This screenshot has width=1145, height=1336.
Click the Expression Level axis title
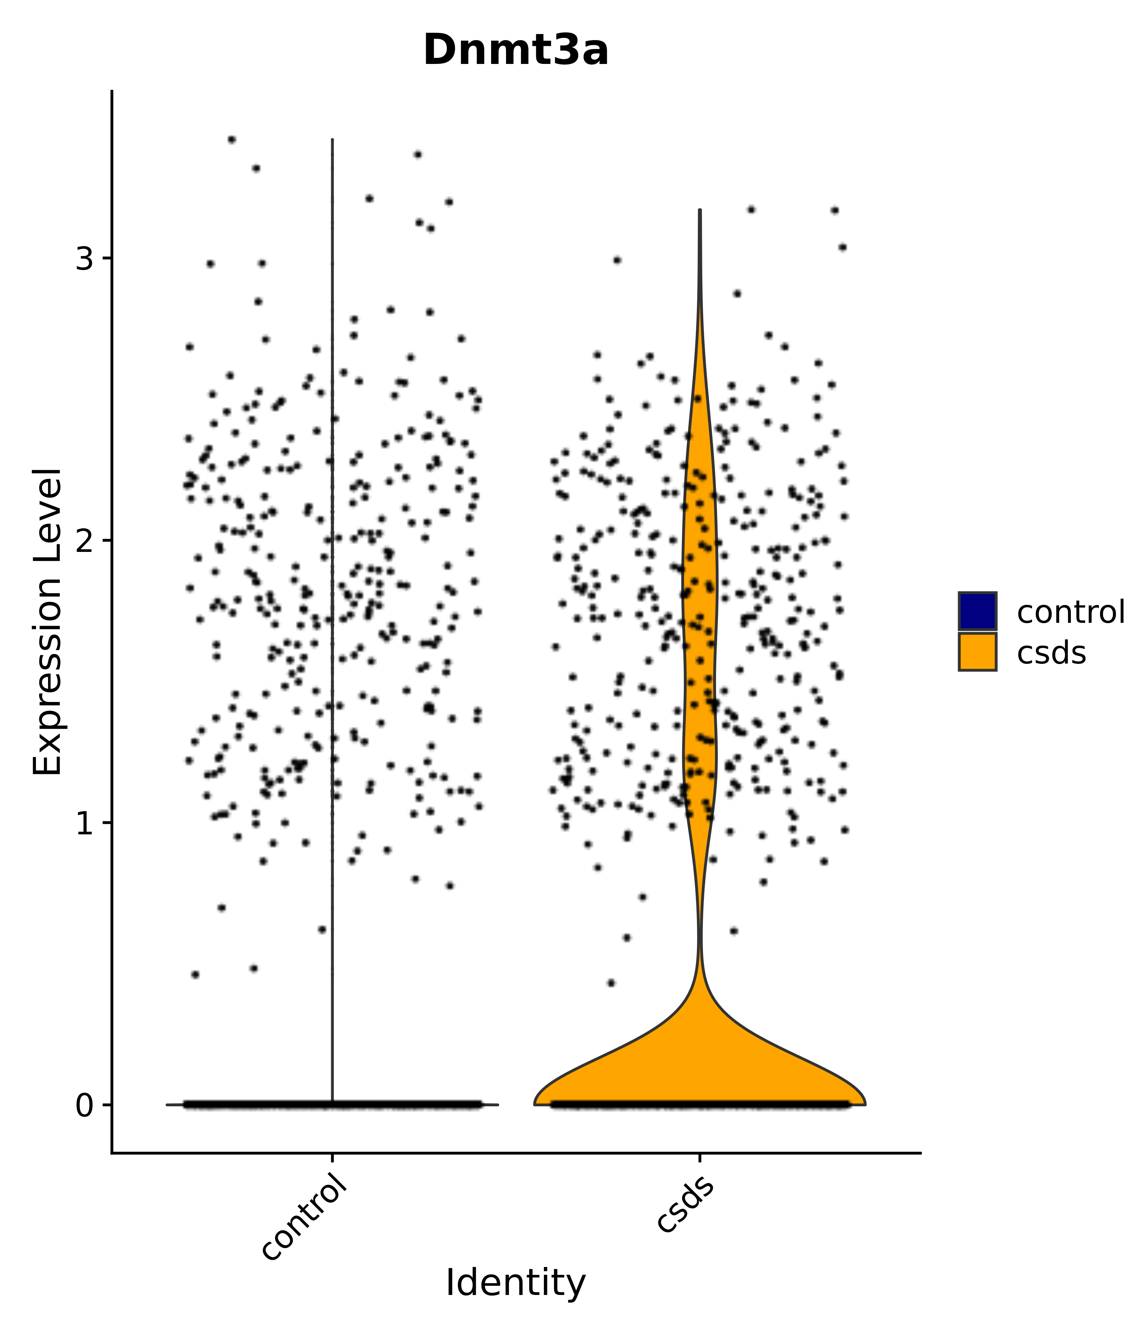click(x=48, y=622)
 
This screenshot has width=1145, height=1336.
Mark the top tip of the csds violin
click(x=699, y=210)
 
